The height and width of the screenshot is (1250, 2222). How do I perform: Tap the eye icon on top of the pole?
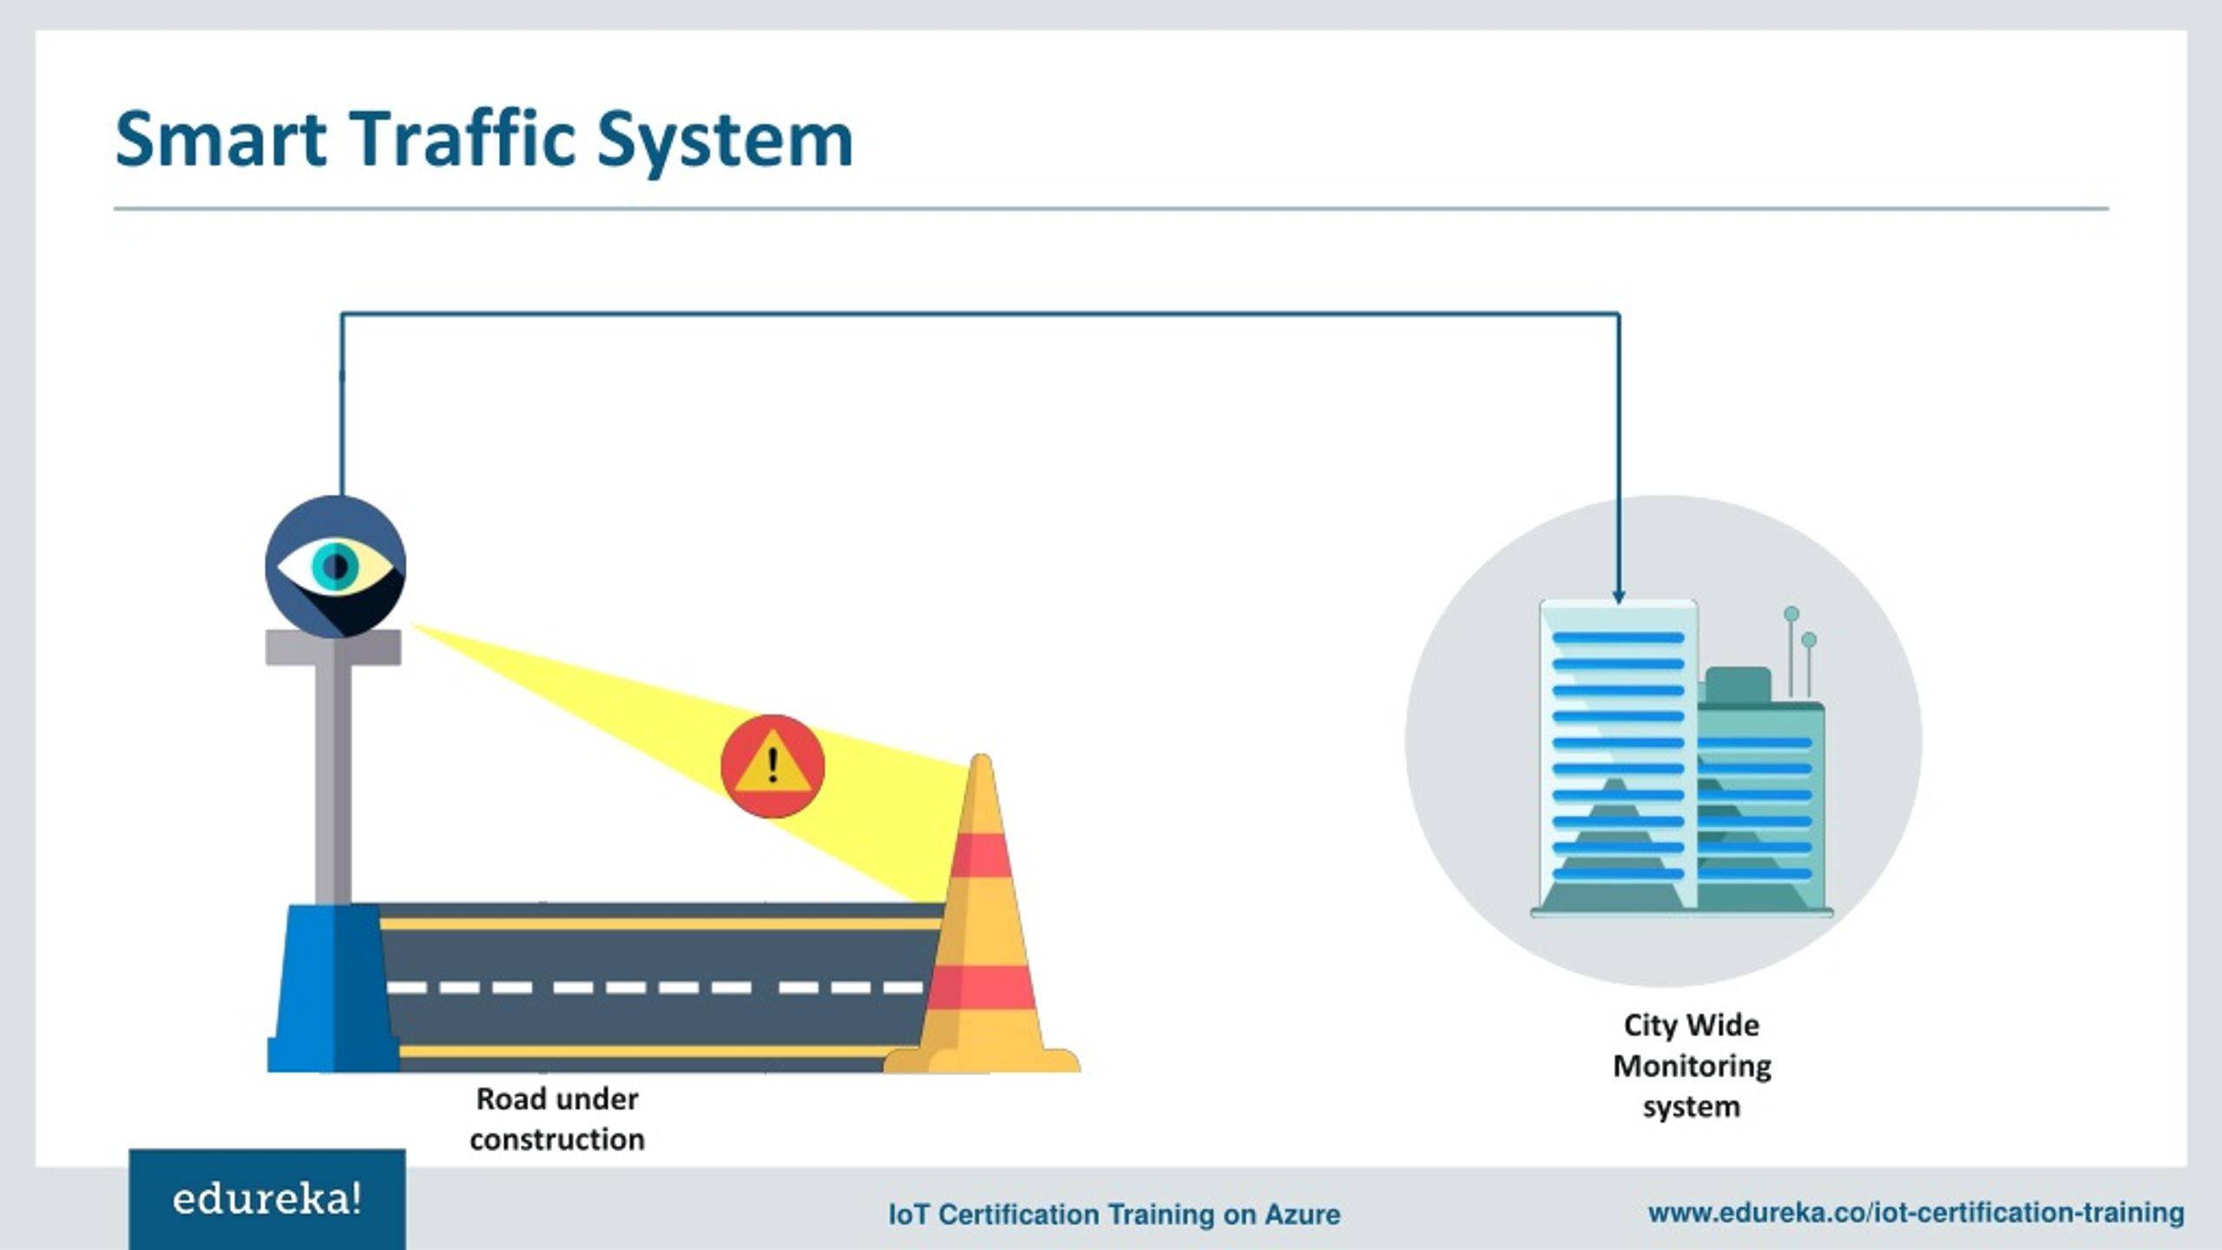click(x=335, y=566)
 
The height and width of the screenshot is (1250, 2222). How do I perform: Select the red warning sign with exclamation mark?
click(x=772, y=766)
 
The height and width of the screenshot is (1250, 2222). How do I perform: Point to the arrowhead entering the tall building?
click(x=1619, y=596)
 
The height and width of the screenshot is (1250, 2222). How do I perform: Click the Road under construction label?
click(x=557, y=1119)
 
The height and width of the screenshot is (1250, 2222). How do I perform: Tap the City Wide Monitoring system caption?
click(x=1692, y=1065)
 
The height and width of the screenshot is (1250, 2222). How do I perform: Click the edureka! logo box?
click(x=267, y=1200)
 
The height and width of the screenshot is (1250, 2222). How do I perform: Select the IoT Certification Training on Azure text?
click(x=1114, y=1214)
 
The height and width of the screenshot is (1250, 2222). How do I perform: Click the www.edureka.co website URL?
click(x=1916, y=1212)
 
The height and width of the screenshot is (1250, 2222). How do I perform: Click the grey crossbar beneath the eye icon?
click(x=333, y=648)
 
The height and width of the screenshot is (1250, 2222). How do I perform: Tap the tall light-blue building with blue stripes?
click(x=1619, y=755)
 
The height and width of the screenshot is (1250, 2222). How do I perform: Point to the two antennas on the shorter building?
click(x=1800, y=651)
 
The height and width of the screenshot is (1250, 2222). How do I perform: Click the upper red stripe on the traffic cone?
click(x=981, y=854)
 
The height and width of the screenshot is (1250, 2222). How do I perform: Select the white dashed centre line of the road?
click(x=655, y=987)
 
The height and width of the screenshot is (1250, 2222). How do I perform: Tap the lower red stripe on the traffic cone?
click(x=982, y=987)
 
